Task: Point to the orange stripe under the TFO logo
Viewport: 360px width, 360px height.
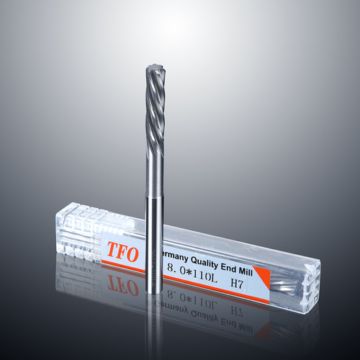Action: coord(122,266)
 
